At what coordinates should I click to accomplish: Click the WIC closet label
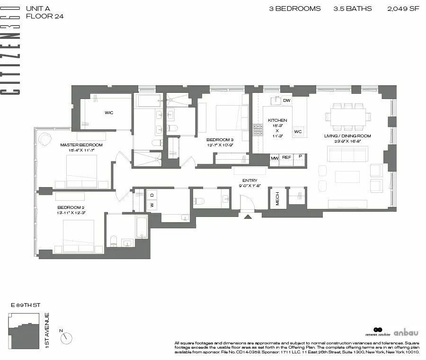[x=109, y=113]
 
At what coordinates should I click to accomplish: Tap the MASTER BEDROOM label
[x=81, y=145]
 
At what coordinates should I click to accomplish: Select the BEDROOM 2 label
[x=71, y=207]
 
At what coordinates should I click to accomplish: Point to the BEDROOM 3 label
[x=220, y=140]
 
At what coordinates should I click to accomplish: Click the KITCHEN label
[x=277, y=120]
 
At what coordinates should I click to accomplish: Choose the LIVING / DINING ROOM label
[x=347, y=136]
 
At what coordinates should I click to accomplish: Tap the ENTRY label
[x=249, y=180]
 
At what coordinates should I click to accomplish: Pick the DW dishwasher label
[x=286, y=100]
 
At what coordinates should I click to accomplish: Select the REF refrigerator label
[x=287, y=157]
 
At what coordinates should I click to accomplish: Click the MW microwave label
[x=275, y=157]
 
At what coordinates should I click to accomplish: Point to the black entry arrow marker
[x=247, y=216]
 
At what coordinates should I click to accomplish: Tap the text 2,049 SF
[x=403, y=9]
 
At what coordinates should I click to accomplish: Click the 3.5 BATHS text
[x=353, y=9]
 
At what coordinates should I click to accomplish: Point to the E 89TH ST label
[x=23, y=306]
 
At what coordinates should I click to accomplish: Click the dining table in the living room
[x=348, y=116]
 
